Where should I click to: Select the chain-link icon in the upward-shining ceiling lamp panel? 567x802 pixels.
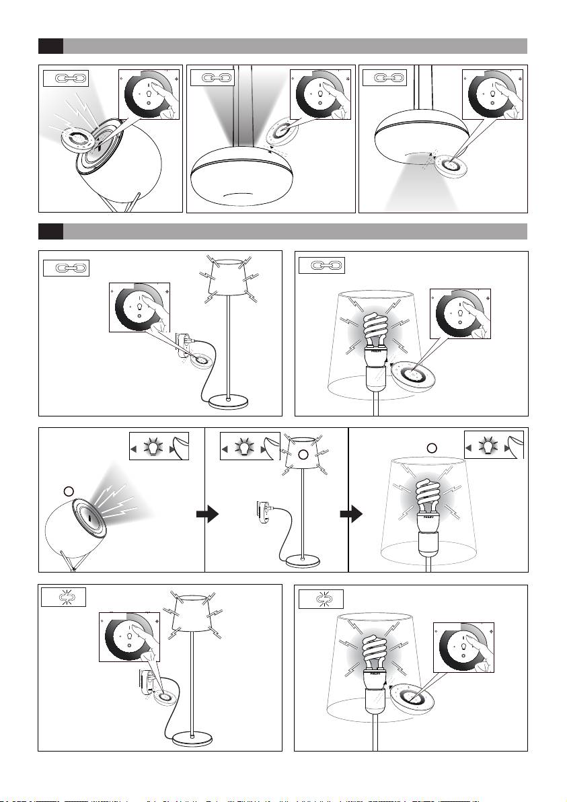[x=212, y=79]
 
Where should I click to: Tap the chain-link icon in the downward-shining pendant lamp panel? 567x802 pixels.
[x=384, y=79]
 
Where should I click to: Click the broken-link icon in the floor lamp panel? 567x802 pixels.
[x=63, y=597]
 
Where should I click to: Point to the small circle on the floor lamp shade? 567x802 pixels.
[x=302, y=455]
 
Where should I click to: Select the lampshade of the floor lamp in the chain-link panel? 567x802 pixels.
[x=230, y=277]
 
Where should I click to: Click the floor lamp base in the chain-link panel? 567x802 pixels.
[x=229, y=402]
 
